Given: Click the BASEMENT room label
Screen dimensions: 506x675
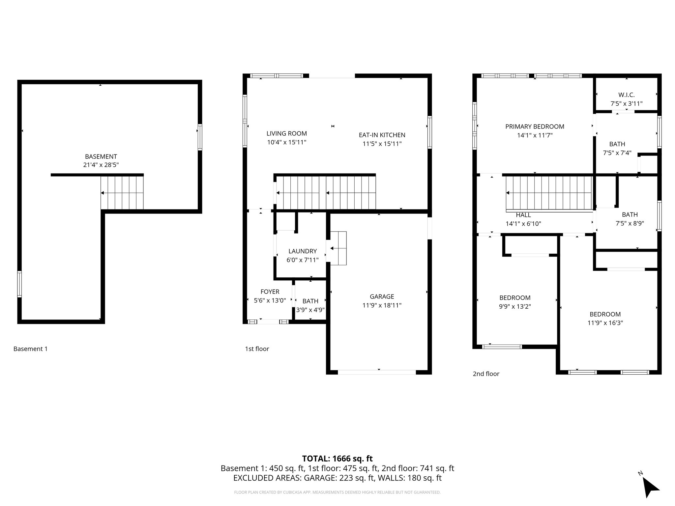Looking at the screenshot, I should point(101,156).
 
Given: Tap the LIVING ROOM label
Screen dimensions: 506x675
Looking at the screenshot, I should point(286,133).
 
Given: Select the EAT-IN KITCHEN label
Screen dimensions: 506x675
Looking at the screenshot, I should point(382,135).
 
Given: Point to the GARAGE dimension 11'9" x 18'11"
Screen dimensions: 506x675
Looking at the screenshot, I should point(382,305).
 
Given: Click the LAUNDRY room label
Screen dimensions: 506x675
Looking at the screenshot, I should point(302,251).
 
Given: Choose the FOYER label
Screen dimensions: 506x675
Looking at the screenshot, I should point(270,292).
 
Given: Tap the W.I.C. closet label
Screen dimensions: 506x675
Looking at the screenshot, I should point(626,95).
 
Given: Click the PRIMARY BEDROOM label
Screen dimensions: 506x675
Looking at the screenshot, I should point(535,126).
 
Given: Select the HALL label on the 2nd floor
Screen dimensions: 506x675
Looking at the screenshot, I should point(523,215).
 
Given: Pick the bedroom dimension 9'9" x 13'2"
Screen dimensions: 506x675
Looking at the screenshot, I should point(515,306).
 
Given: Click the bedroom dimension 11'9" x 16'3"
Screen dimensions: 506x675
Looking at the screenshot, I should point(605,323).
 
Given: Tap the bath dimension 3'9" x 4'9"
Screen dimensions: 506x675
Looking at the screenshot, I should point(310,310).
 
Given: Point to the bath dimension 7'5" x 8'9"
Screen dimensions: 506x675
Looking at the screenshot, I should point(630,223).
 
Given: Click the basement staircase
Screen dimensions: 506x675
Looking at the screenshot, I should point(122,193).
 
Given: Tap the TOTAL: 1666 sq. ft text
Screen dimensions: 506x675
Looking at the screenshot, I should point(337,459).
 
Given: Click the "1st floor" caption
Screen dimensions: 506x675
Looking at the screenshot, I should point(257,349).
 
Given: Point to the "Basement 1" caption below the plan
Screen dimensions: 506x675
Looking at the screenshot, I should point(30,349).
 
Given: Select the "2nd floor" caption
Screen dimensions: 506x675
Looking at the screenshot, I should point(486,374).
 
